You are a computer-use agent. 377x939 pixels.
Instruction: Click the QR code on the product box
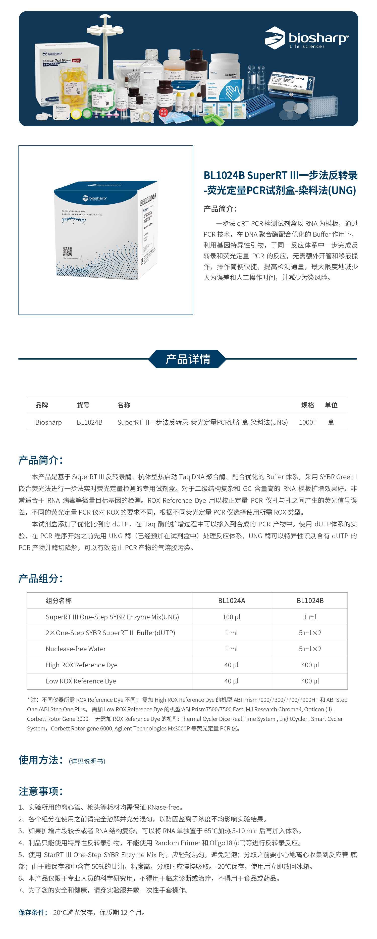67,252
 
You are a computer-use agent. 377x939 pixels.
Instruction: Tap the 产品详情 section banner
188,359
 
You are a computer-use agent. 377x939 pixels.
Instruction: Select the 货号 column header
83,405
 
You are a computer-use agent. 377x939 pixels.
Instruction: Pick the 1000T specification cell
308,422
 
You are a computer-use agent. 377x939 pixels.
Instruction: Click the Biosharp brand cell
48,422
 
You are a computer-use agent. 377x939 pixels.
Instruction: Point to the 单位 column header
331,405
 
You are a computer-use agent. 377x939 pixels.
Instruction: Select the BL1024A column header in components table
232,600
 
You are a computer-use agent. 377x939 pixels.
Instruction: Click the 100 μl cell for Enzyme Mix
232,617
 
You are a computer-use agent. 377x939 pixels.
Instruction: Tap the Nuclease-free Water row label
76,649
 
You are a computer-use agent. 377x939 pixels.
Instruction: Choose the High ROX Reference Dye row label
82,665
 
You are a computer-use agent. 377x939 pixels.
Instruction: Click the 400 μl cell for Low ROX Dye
310,681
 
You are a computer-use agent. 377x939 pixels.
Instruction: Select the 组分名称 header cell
59,600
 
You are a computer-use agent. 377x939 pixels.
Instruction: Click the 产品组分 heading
41,578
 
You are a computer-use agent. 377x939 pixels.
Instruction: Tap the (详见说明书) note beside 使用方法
87,761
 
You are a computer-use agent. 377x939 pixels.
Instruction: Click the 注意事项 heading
41,791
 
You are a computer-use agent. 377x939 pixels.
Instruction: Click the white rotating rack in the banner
105,44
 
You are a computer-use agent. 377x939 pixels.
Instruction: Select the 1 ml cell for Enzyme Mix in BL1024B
310,617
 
